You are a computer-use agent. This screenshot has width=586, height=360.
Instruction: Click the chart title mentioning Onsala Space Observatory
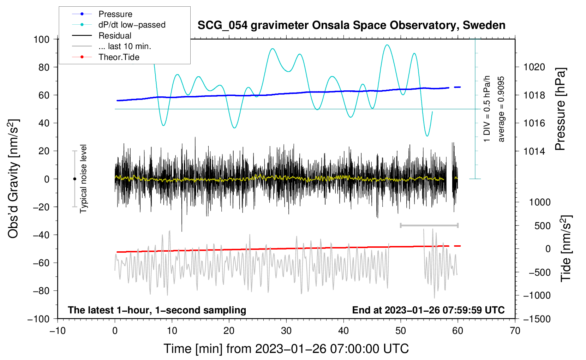351,25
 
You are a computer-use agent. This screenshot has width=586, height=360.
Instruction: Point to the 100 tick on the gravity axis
41,39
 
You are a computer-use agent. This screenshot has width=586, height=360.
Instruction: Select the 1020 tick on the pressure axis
534,67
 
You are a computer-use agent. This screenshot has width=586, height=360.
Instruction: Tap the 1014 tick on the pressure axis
534,151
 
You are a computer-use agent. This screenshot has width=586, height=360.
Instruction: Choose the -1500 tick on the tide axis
537,319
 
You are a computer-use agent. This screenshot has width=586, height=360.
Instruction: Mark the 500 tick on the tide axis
542,226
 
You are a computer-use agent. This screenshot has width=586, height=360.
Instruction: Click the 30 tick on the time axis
286,331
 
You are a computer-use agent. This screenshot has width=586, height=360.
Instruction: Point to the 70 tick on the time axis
515,331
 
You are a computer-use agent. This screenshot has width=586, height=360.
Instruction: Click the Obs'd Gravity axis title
13,179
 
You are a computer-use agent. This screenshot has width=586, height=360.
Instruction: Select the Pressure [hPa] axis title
560,109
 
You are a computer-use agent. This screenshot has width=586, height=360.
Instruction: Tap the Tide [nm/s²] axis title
566,248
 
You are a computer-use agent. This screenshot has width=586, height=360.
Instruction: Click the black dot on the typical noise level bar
74,179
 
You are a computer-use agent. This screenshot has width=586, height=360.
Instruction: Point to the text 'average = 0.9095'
501,109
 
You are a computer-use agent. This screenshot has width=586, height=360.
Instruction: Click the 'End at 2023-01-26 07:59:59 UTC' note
428,310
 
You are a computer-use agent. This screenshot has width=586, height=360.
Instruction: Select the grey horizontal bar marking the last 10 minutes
429,225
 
